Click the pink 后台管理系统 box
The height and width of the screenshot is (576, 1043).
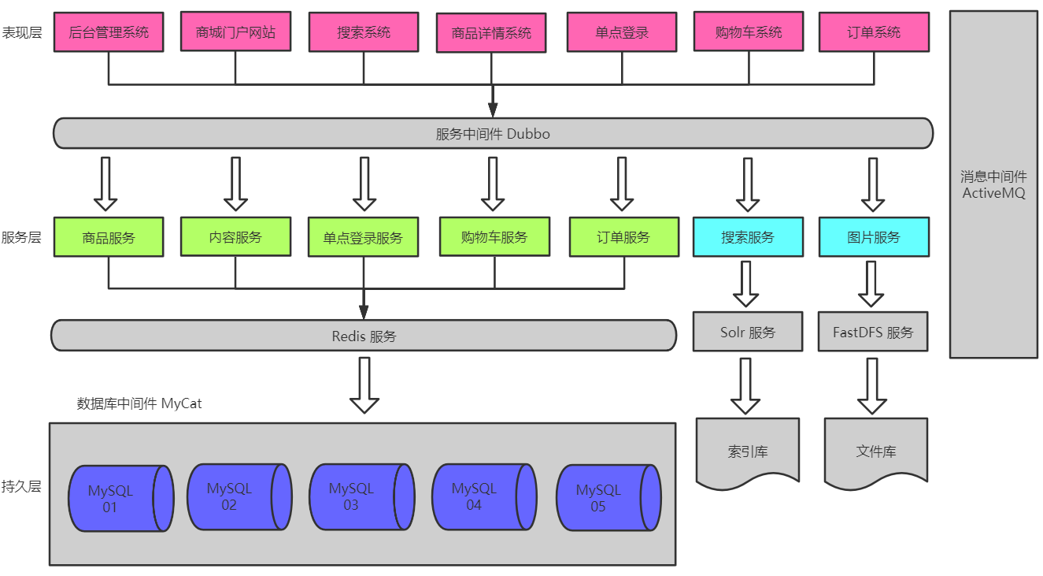(x=109, y=32)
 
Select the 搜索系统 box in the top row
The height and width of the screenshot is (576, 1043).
(x=364, y=32)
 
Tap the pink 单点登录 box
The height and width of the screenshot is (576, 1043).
(x=622, y=32)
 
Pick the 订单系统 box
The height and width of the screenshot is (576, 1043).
(x=874, y=32)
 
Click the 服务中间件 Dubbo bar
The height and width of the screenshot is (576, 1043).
(x=493, y=133)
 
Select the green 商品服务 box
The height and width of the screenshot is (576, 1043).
(x=109, y=237)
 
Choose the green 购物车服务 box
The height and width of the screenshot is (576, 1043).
(x=494, y=237)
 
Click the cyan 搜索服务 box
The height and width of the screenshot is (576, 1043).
(x=748, y=237)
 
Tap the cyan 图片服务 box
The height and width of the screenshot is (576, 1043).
(x=874, y=237)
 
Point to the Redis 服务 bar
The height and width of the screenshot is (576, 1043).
(x=364, y=336)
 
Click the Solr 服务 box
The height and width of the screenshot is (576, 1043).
(x=748, y=332)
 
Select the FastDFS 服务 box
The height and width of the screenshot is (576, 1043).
(x=873, y=332)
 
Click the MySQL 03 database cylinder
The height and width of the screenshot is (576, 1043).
(x=361, y=497)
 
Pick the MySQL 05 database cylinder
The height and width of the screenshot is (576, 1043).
(x=608, y=498)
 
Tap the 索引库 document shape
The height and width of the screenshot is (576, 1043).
(x=748, y=451)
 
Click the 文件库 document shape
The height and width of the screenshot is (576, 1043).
(x=875, y=451)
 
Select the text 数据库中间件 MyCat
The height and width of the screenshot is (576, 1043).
(x=139, y=403)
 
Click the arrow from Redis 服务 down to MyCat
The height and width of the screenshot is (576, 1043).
(x=364, y=385)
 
